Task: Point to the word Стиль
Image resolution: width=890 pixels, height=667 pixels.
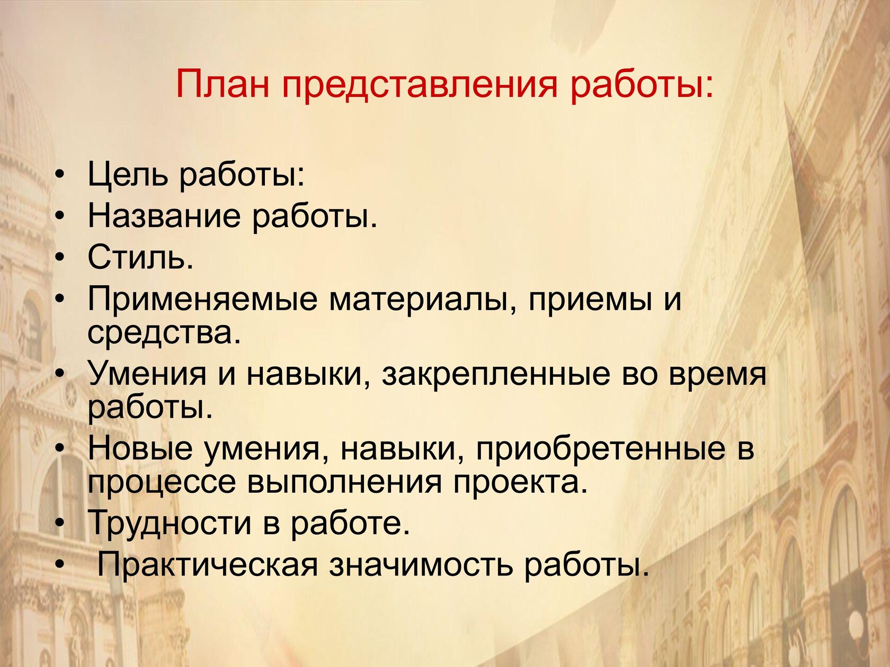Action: [140, 257]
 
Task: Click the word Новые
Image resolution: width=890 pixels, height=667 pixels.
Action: [140, 448]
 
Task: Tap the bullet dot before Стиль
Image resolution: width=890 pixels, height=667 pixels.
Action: [60, 258]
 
